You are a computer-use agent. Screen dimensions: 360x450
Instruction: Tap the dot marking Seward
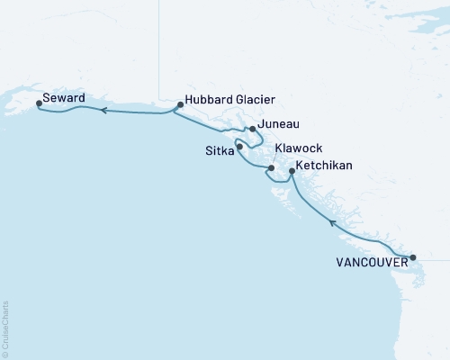(38, 103)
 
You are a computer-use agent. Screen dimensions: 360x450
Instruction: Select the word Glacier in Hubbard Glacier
(250, 101)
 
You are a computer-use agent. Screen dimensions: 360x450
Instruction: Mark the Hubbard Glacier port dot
(180, 104)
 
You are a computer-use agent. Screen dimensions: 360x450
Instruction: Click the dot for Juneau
(252, 129)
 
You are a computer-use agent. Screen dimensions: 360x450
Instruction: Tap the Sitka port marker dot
(239, 146)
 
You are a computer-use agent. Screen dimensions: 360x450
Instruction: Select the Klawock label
(299, 148)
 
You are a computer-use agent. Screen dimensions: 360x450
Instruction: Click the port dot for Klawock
(271, 167)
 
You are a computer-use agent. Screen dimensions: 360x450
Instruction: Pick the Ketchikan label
(326, 166)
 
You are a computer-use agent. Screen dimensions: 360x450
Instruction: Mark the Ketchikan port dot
(292, 169)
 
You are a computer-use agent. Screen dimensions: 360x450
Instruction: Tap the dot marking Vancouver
(413, 257)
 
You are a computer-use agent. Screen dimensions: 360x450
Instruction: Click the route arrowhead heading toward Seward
(103, 111)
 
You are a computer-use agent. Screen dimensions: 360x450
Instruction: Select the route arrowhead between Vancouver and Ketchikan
(332, 221)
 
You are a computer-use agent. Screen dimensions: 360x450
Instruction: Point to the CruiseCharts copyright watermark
(5, 328)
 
